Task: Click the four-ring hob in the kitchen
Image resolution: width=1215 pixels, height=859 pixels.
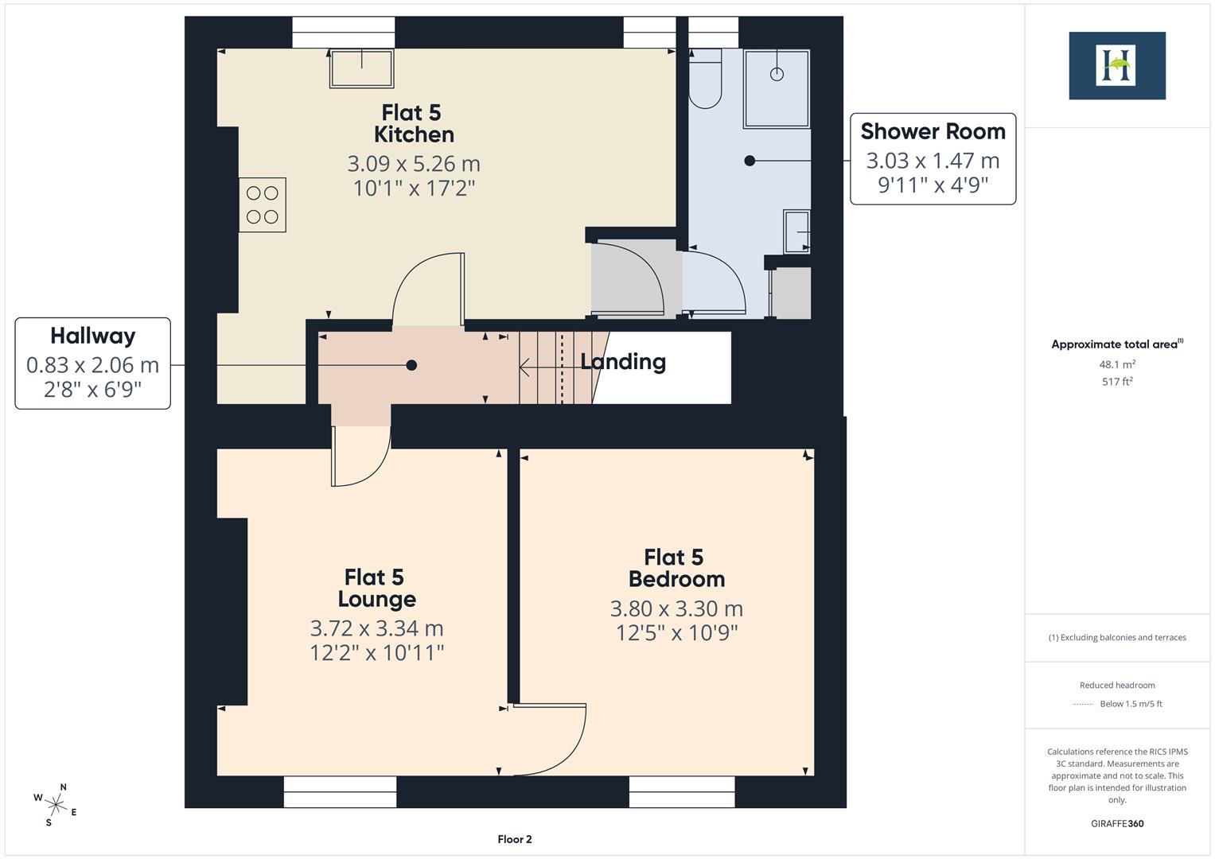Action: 263,205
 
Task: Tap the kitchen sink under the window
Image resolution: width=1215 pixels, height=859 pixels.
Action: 362,68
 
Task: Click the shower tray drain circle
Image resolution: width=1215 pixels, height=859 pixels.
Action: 777,74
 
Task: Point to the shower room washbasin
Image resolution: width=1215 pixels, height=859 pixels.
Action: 796,231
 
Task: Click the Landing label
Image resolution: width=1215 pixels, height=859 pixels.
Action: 622,362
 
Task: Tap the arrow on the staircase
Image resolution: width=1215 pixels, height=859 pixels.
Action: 526,367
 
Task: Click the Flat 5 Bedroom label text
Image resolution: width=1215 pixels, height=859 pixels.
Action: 676,568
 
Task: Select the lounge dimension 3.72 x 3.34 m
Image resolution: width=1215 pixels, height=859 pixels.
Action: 376,628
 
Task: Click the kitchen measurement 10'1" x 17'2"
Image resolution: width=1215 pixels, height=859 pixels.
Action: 414,189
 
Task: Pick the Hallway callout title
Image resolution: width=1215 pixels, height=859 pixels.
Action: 92,336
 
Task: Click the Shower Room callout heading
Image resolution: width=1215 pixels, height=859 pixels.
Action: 933,131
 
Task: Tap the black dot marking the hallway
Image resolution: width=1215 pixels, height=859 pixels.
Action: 411,365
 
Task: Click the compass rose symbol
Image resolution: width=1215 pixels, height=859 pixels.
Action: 56,803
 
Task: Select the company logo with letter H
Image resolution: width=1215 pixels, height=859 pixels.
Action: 1116,65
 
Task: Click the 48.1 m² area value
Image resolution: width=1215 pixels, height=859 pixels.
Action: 1116,364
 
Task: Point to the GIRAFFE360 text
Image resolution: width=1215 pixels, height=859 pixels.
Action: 1116,823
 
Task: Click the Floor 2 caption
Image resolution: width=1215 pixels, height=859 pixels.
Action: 514,839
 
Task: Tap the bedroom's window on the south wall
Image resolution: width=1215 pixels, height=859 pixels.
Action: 682,792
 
